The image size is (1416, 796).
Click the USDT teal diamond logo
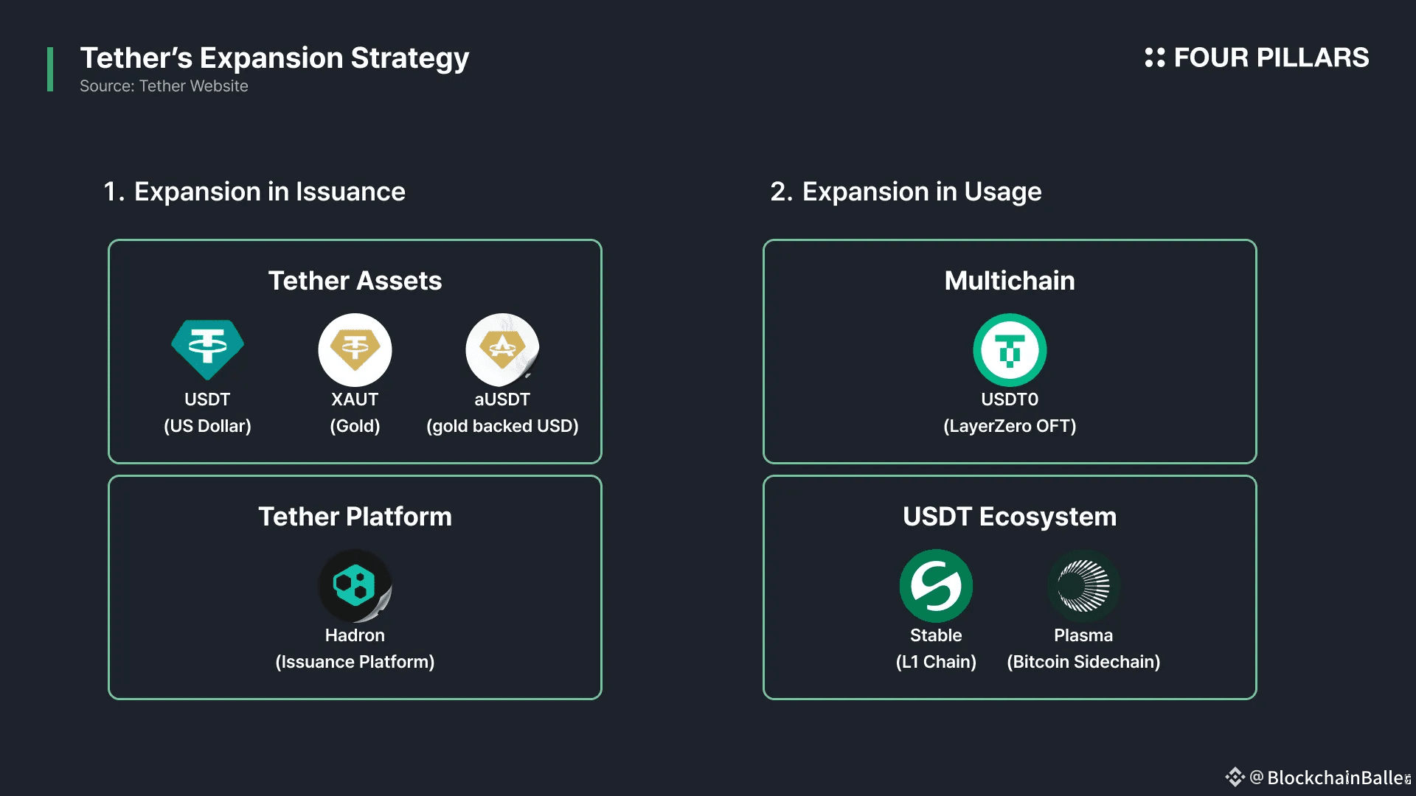[x=207, y=349]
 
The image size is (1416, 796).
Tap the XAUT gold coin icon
[x=355, y=349]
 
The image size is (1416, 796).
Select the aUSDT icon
[x=502, y=349]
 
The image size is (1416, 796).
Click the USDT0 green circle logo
[x=1010, y=349]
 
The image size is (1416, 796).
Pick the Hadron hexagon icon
[x=355, y=585]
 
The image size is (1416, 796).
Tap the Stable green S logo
[x=936, y=585]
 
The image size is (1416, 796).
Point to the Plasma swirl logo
[x=1083, y=585]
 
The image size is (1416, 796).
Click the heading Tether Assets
[x=355, y=281]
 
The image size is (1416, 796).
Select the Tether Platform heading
[x=355, y=517]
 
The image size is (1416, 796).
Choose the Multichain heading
[x=1010, y=281]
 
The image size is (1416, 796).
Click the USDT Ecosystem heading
[x=1010, y=517]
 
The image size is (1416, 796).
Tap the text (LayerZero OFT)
[x=1010, y=426]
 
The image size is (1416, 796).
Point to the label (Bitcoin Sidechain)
[x=1083, y=662]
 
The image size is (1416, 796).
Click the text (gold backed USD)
[x=502, y=426]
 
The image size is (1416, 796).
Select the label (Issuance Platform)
[x=355, y=662]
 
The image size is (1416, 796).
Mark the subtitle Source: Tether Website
[x=164, y=86]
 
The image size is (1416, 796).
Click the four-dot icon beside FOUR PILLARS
[x=1154, y=57]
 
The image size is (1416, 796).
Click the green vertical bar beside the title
[x=50, y=69]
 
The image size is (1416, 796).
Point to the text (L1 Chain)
[x=936, y=662]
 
